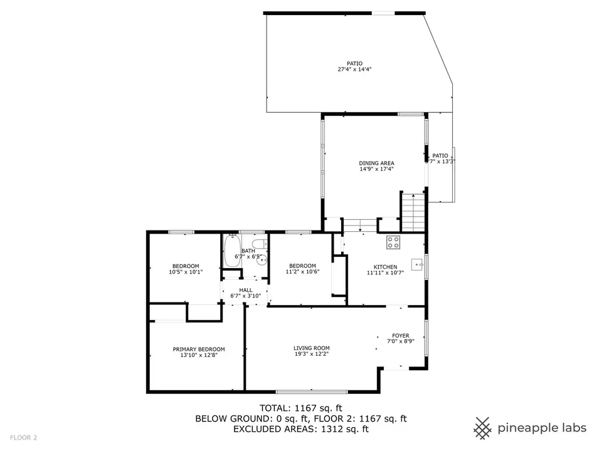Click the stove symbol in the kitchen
[x=394, y=240]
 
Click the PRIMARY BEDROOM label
[x=199, y=349]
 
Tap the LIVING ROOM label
[x=312, y=348]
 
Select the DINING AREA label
[x=376, y=163]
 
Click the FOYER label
[x=401, y=335]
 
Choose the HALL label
[x=245, y=289]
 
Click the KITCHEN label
[x=386, y=267]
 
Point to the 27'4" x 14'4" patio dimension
[x=355, y=70]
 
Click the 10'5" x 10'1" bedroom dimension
[x=185, y=272]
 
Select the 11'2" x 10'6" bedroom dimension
[x=302, y=272]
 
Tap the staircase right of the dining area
[x=413, y=212]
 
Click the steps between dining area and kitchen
[x=359, y=224]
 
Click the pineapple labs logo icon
[x=482, y=428]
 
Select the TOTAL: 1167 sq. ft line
[x=301, y=408]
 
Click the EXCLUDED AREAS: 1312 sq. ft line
[x=301, y=429]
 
